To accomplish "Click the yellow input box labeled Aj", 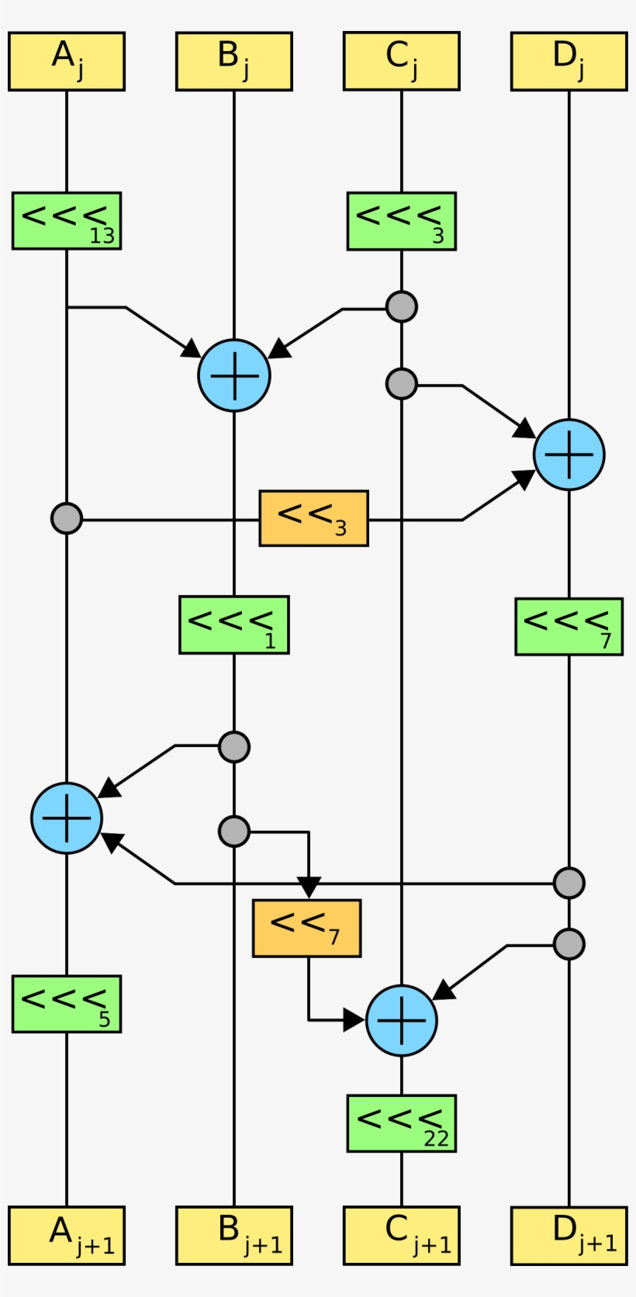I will (67, 61).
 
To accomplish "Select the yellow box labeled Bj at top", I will (234, 61).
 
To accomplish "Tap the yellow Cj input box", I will (402, 61).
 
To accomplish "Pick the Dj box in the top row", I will (569, 61).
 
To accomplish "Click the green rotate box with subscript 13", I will (67, 221).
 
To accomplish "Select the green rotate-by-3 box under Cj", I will (402, 221).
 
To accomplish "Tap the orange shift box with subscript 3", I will (313, 518).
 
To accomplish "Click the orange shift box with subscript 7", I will (306, 928).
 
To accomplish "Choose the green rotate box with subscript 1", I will (234, 625).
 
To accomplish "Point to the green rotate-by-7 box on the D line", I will (569, 627).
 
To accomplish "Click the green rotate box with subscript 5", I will (67, 1004).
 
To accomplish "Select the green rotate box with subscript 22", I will (402, 1123).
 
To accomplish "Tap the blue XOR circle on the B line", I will (234, 375).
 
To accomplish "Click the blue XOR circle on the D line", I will (569, 455).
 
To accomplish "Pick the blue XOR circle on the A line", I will (67, 818).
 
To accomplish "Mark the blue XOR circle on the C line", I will (402, 1021).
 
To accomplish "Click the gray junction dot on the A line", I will (67, 518).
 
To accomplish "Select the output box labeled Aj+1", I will (67, 1236).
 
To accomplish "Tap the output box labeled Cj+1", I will (402, 1236).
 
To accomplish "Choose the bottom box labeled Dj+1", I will (569, 1236).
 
